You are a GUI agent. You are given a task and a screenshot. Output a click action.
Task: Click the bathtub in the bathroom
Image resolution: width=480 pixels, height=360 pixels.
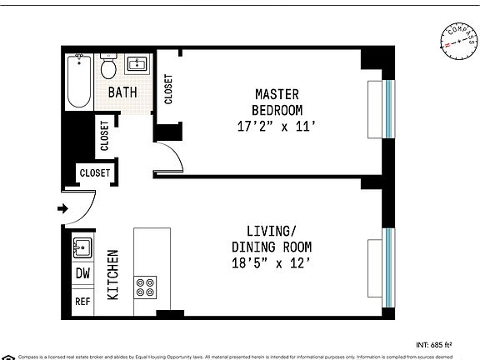tap(80, 81)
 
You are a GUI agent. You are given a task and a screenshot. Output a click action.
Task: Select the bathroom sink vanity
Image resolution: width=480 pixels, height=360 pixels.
tap(137, 65)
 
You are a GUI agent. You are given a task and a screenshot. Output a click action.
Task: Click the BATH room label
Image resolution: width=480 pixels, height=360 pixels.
tap(122, 93)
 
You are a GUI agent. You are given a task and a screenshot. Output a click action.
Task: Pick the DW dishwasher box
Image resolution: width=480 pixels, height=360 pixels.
tap(83, 273)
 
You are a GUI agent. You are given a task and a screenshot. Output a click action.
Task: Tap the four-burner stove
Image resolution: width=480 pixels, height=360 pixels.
tap(145, 287)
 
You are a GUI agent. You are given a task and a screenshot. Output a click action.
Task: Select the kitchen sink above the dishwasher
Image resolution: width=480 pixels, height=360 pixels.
tap(82, 247)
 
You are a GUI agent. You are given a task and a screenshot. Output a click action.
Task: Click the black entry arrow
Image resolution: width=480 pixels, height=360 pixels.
tap(63, 208)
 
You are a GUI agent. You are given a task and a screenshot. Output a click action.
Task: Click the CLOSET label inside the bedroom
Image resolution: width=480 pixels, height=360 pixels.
tap(168, 90)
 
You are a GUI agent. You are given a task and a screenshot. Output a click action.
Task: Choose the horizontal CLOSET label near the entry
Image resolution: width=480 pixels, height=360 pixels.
tap(95, 173)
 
